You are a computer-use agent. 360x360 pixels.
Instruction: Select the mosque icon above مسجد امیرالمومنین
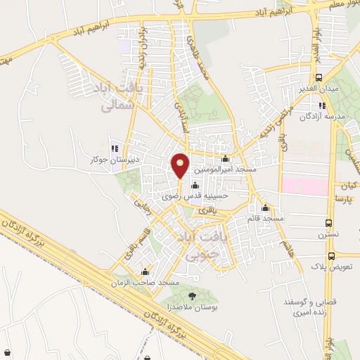[x=224, y=159]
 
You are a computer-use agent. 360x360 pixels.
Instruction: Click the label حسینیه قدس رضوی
[x=190, y=198]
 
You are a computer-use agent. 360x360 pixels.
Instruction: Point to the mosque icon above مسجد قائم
[x=266, y=208]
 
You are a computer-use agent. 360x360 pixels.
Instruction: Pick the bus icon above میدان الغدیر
[x=320, y=77]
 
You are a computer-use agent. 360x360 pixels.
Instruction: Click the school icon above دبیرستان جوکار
[x=115, y=148]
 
